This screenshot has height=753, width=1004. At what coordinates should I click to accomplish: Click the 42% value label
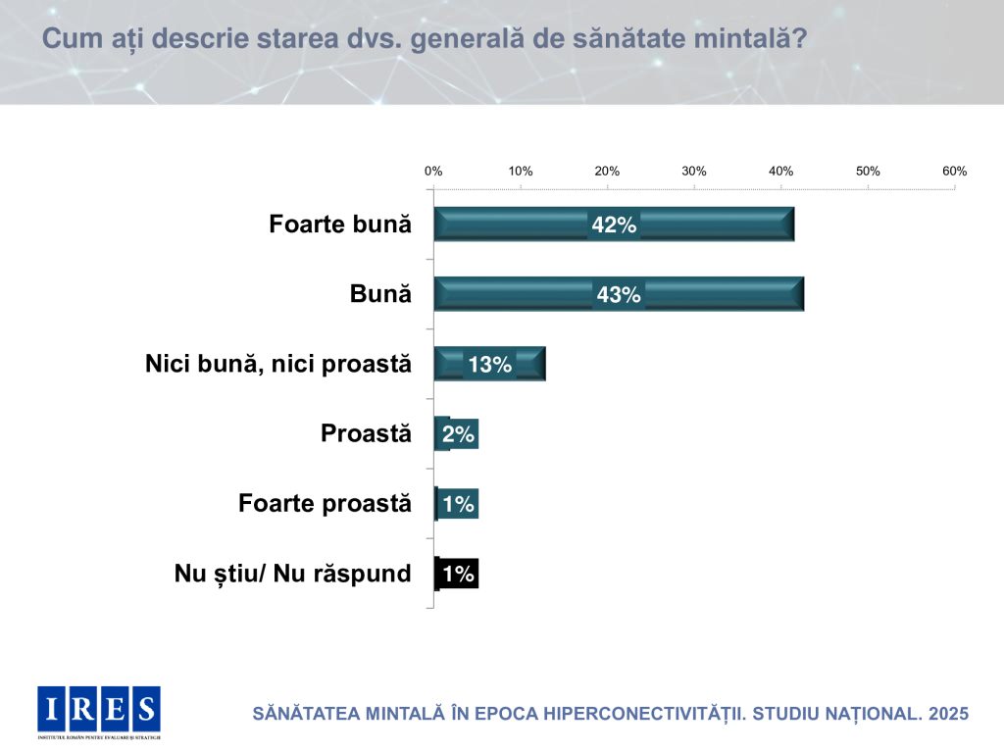click(614, 225)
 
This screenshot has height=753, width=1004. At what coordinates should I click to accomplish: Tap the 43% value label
click(618, 294)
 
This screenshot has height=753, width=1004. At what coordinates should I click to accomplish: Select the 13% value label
click(489, 365)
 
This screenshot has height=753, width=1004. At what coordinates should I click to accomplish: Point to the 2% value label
click(458, 434)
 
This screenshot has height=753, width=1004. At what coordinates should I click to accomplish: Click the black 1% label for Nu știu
click(458, 574)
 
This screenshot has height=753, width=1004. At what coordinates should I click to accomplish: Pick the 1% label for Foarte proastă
click(458, 504)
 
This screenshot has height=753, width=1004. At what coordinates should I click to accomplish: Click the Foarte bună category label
click(339, 225)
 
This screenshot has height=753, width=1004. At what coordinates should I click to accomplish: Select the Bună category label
click(380, 294)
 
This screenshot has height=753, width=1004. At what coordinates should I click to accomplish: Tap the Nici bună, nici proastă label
click(277, 365)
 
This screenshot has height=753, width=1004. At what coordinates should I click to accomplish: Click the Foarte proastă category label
click(325, 504)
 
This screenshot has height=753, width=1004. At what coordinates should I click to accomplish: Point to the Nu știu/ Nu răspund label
click(292, 574)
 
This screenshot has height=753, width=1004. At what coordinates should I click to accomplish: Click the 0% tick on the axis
click(433, 171)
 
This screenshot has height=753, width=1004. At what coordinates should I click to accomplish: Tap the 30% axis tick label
click(694, 171)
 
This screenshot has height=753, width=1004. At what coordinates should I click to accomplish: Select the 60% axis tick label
click(955, 171)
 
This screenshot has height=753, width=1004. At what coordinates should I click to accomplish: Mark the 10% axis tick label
click(521, 171)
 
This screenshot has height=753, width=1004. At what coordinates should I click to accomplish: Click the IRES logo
click(98, 711)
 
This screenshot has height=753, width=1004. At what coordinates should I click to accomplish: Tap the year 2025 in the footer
click(947, 714)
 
